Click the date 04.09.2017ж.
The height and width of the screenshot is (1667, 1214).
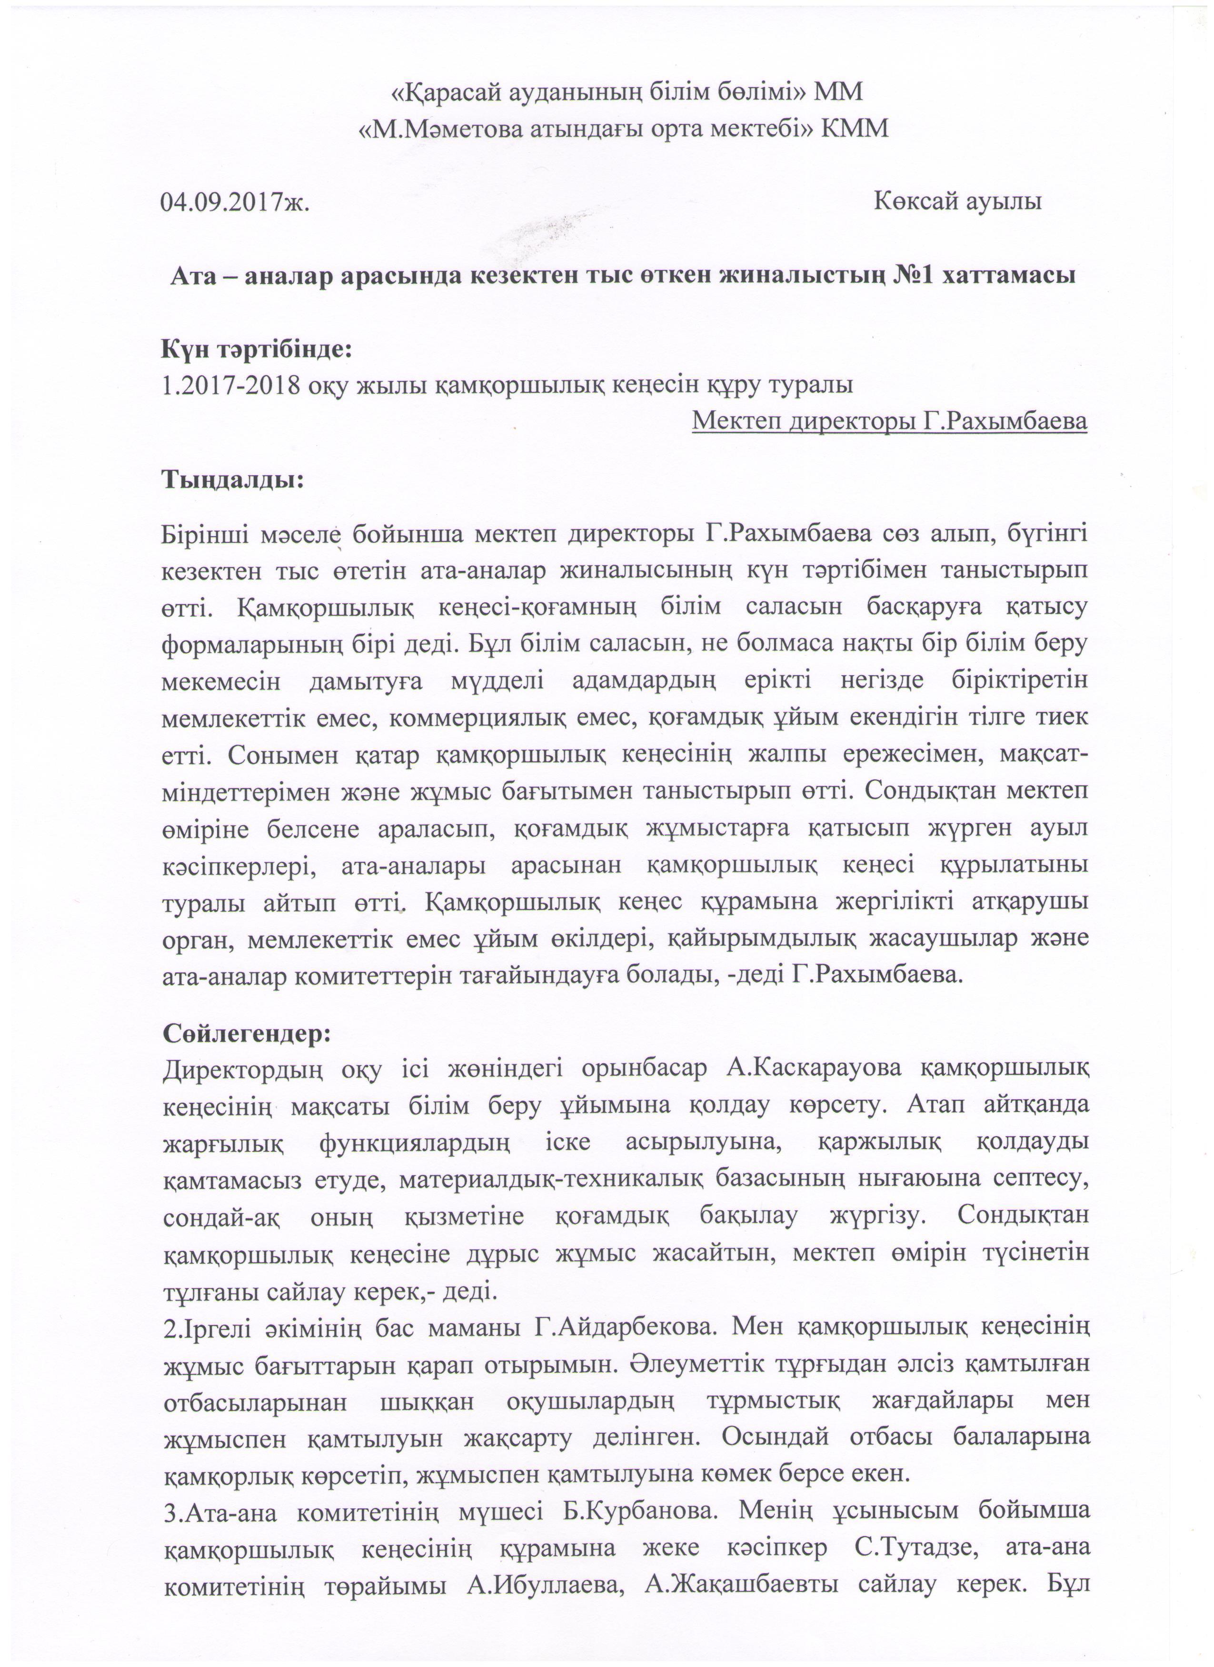pos(234,200)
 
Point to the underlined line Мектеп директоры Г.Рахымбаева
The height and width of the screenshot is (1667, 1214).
pos(890,422)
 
